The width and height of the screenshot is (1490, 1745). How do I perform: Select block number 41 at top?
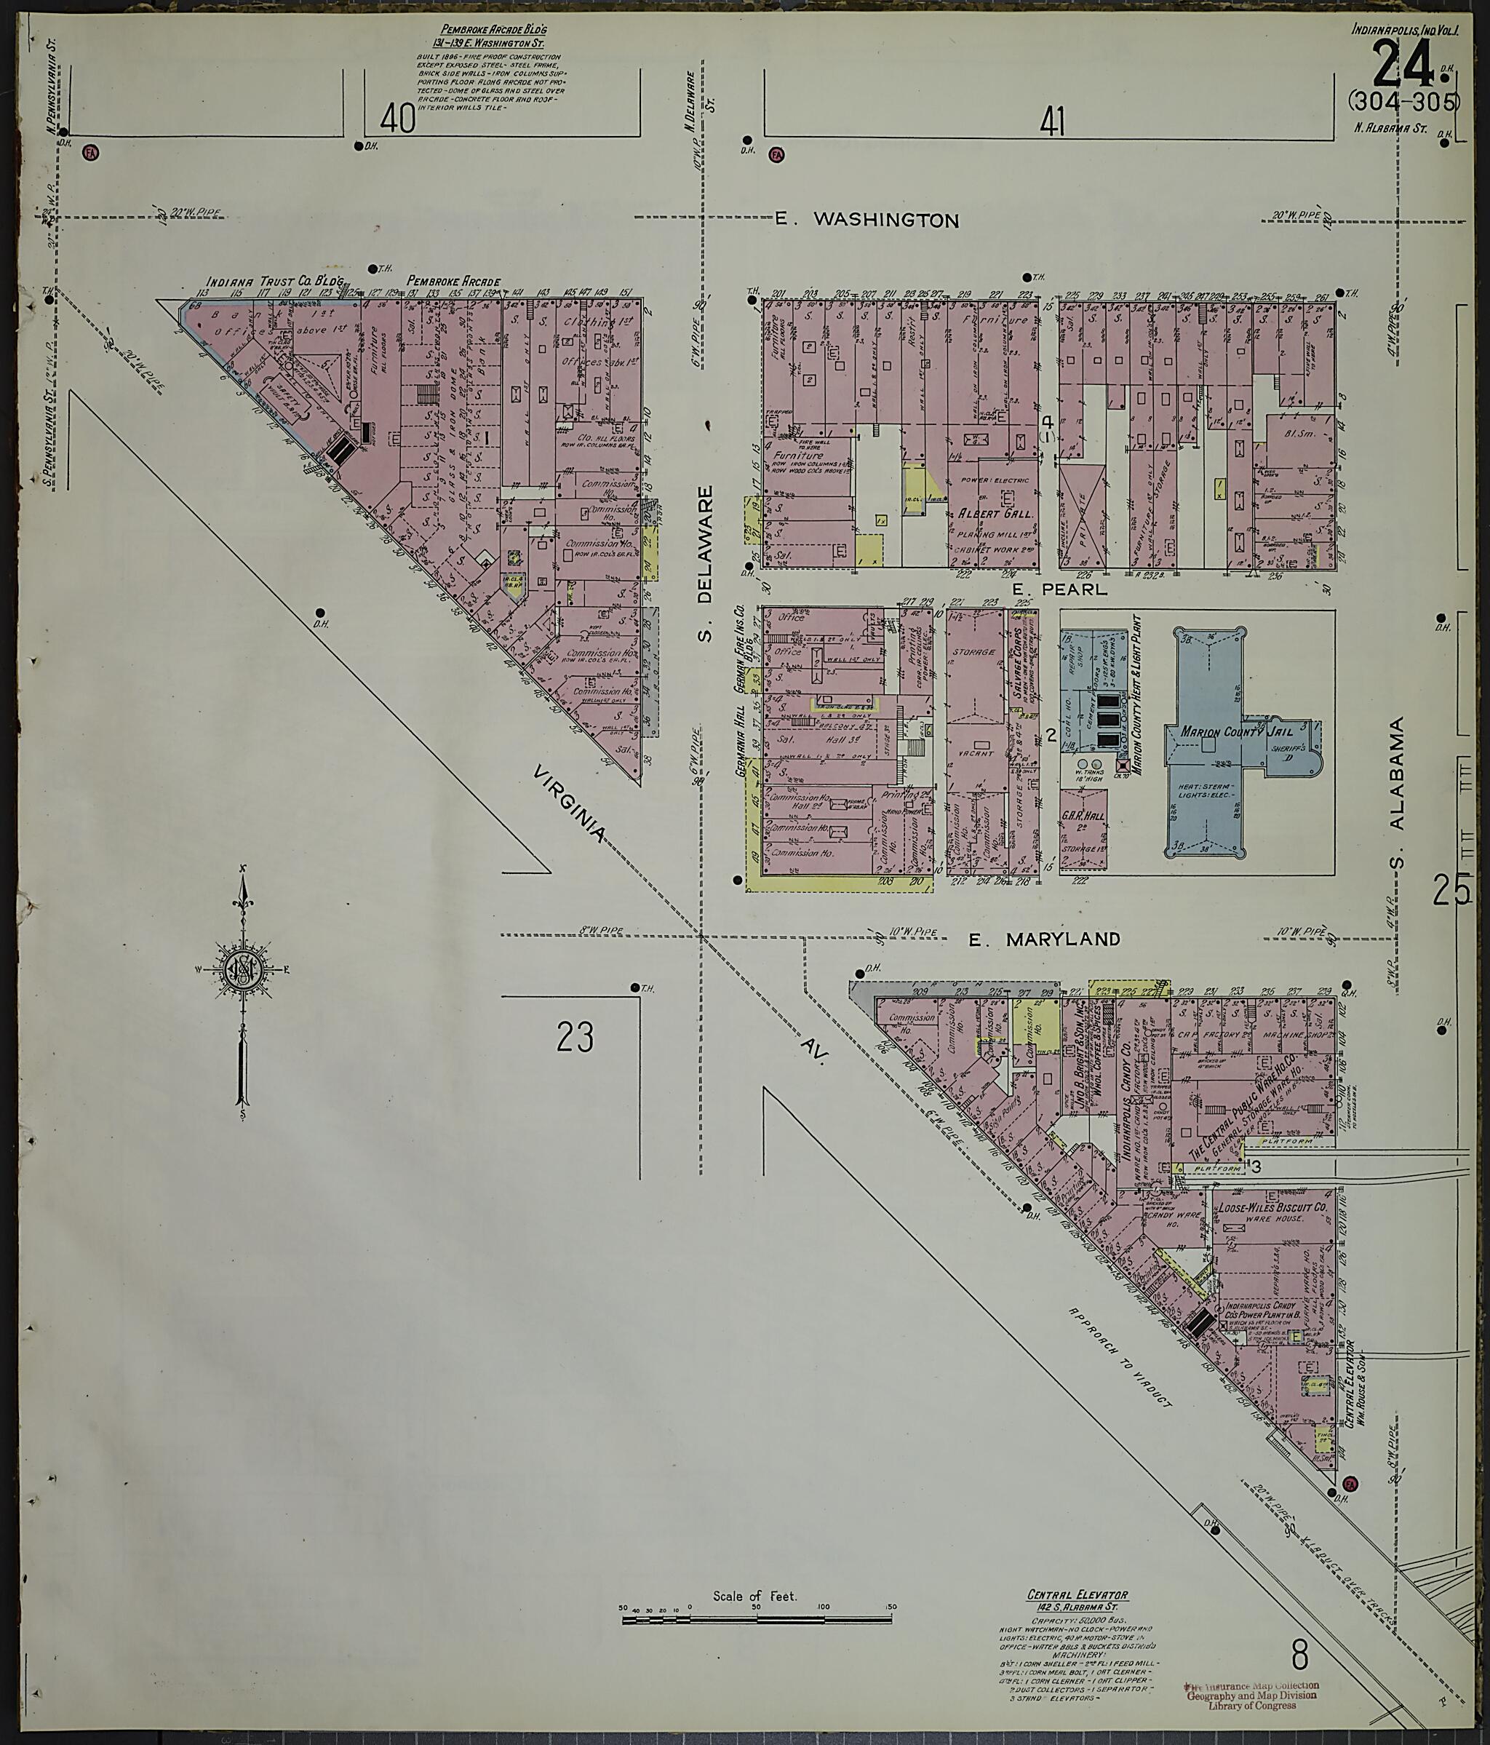(x=1051, y=124)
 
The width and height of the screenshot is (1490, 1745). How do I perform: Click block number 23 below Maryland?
(x=575, y=1037)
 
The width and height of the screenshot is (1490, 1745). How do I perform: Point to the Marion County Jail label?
(x=1222, y=732)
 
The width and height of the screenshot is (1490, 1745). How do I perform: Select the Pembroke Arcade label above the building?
(x=454, y=282)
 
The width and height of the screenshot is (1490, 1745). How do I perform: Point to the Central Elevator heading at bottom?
(x=1077, y=1596)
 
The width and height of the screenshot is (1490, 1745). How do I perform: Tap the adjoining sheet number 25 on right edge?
(x=1452, y=890)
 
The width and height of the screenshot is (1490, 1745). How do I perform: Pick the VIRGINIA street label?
(x=570, y=803)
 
